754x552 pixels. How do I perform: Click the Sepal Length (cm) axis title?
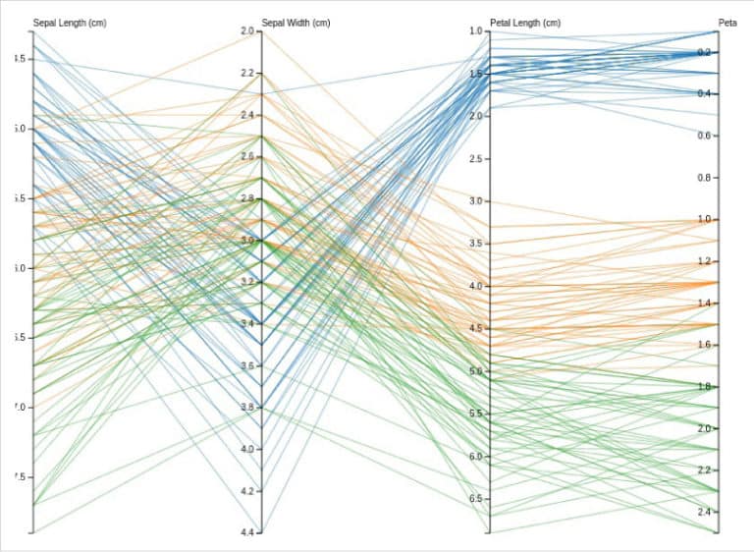click(x=70, y=23)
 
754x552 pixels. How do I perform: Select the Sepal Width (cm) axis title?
click(x=296, y=23)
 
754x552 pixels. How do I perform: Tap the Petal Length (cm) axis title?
click(x=525, y=23)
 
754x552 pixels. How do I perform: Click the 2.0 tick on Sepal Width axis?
click(x=246, y=31)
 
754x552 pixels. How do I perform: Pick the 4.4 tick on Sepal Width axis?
click(x=246, y=532)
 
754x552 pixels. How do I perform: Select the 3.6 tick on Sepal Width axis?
click(x=246, y=365)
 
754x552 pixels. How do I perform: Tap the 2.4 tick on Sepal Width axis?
click(x=246, y=115)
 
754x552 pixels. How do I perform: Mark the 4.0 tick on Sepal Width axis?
click(x=246, y=449)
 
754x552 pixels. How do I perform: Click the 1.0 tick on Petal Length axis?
click(x=476, y=31)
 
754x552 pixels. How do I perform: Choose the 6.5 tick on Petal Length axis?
click(x=476, y=499)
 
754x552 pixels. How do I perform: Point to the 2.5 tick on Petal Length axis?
click(x=476, y=159)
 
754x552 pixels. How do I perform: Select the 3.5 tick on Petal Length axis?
click(x=476, y=244)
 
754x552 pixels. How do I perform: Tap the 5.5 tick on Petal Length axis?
click(x=476, y=414)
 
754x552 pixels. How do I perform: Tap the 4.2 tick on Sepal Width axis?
click(x=246, y=491)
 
